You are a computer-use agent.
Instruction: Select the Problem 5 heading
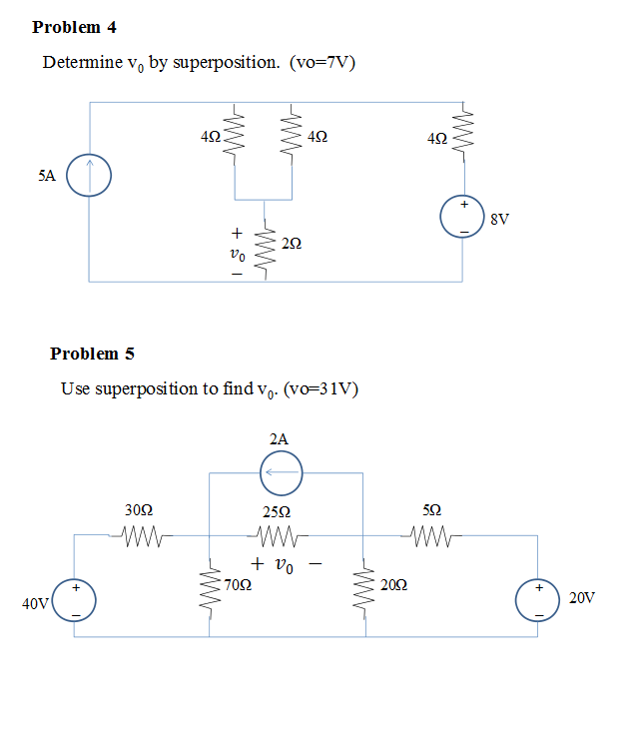92,354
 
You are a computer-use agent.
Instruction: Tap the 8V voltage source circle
463,217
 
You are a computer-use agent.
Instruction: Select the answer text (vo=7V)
322,63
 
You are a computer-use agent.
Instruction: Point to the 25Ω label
277,512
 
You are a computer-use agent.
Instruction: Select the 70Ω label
238,586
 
